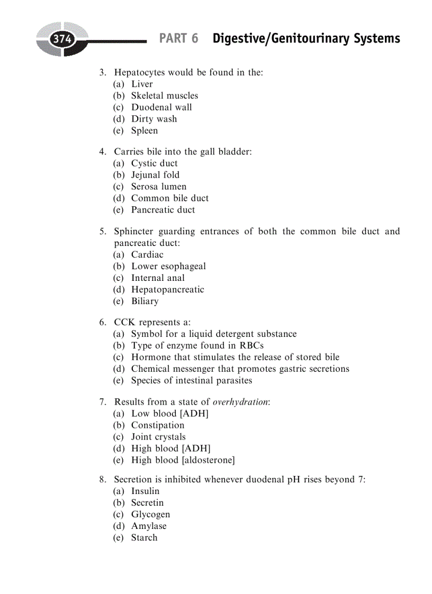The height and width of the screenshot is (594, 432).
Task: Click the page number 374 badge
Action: [x=62, y=40]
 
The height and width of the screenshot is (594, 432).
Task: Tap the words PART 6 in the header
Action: [x=178, y=39]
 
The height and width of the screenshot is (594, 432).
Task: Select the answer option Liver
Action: [x=142, y=84]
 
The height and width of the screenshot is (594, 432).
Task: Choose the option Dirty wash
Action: [x=154, y=119]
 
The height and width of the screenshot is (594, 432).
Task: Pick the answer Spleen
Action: [x=145, y=131]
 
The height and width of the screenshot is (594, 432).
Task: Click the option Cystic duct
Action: [x=154, y=163]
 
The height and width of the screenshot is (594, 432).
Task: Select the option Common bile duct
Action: [x=169, y=198]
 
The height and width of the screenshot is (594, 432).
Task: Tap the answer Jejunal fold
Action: [x=155, y=175]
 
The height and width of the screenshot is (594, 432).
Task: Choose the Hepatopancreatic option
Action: [x=167, y=289]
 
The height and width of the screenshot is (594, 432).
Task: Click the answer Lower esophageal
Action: [x=168, y=266]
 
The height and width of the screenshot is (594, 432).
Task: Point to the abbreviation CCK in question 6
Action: [x=124, y=322]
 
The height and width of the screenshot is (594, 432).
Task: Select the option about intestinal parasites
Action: [x=191, y=380]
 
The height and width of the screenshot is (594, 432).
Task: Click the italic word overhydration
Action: [x=242, y=402]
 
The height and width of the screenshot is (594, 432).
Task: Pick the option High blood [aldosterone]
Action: [x=183, y=460]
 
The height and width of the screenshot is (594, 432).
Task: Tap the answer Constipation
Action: [x=158, y=425]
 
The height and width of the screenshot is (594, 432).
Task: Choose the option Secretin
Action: [x=147, y=502]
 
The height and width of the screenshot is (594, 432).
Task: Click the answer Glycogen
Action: [x=150, y=514]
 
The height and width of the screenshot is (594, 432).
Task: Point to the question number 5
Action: [x=102, y=232]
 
